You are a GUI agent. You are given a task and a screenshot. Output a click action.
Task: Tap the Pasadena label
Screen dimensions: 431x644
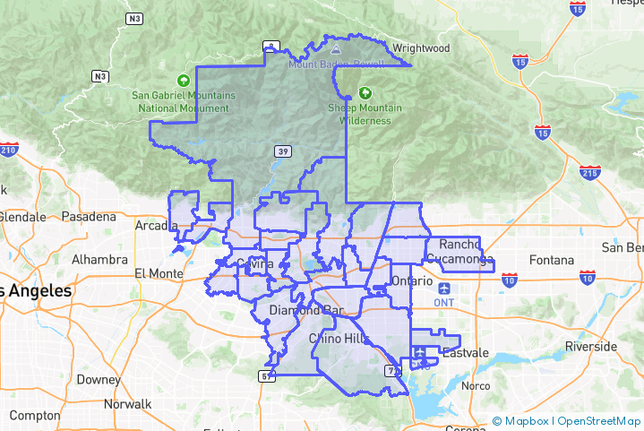90,217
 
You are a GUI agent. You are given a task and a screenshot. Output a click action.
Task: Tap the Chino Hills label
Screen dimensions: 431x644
338,338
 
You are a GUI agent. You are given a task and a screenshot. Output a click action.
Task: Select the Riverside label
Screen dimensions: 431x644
590,346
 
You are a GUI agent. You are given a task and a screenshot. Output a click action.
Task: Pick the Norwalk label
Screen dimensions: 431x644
127,404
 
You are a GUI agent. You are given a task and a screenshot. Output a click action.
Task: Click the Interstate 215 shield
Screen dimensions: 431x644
589,171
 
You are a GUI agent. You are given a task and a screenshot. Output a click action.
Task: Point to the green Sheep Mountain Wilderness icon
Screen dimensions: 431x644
365,92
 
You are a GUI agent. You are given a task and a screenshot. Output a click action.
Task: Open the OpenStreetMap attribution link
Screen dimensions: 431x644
598,421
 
